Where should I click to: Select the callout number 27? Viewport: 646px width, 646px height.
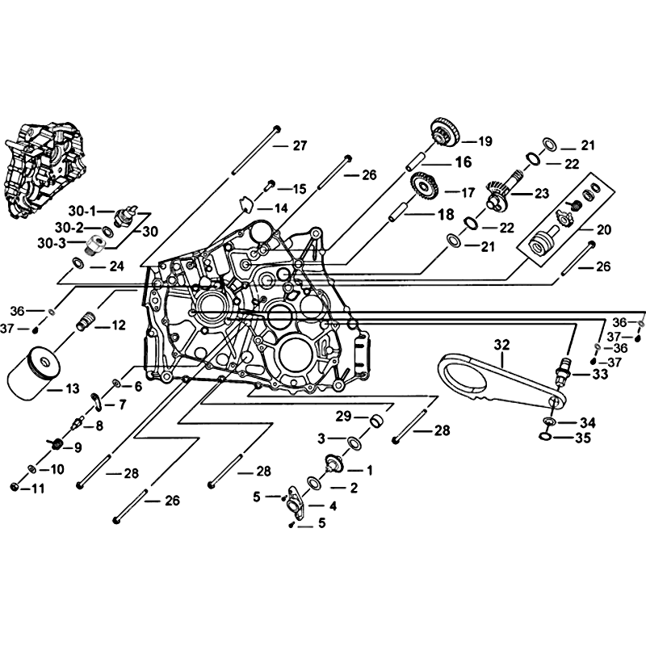(x=300, y=145)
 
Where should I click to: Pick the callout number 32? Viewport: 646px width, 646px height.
(x=501, y=345)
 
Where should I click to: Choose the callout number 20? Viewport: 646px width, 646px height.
(x=602, y=229)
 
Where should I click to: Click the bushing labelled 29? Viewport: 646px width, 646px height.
(x=375, y=421)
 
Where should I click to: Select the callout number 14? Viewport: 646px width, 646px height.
(x=280, y=208)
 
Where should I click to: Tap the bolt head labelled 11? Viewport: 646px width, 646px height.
(x=15, y=486)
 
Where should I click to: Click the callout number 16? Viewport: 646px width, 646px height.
(x=462, y=162)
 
